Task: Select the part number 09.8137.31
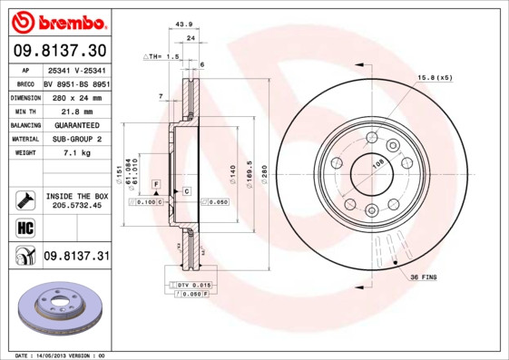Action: pyautogui.click(x=75, y=257)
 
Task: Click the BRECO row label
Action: pyautogui.click(x=24, y=83)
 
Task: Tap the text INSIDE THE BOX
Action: pyautogui.click(x=76, y=196)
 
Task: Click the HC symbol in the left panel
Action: pyautogui.click(x=24, y=227)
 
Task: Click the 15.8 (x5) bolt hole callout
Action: pyautogui.click(x=434, y=78)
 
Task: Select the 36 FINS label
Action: pyautogui.click(x=425, y=276)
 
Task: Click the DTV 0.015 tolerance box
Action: pyautogui.click(x=188, y=286)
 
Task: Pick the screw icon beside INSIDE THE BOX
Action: pyautogui.click(x=24, y=200)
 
